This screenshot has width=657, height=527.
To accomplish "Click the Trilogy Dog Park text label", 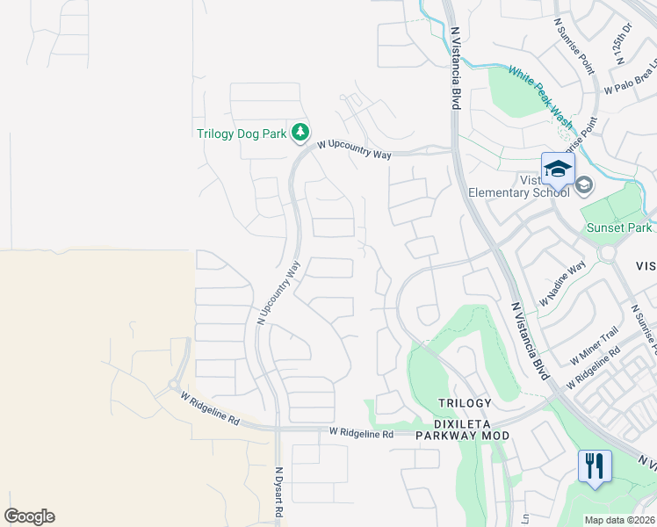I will (242, 134).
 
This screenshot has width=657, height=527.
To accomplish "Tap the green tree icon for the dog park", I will (300, 133).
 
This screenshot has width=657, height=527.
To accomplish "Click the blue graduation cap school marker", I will (558, 169).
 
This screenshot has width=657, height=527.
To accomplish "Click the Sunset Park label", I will (619, 227).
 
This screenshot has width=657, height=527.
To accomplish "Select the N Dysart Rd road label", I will (279, 491).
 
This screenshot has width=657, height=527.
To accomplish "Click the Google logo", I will (30, 516).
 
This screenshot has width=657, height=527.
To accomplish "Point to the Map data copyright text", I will (620, 520).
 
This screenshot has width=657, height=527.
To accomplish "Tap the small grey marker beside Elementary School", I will (584, 184).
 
